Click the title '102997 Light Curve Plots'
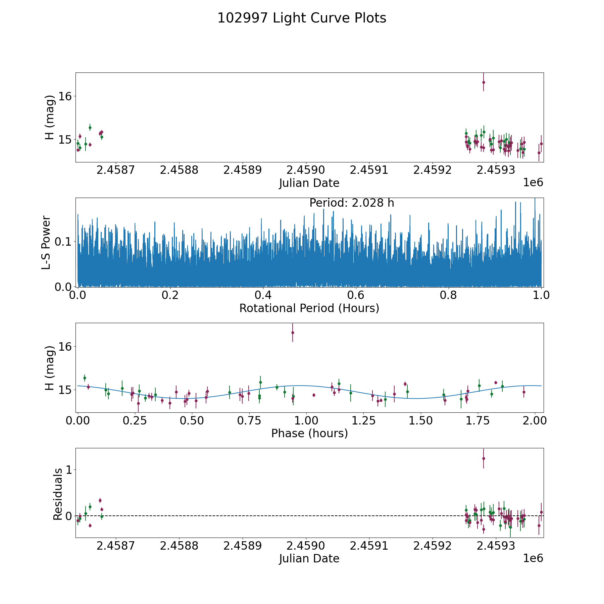click(302, 18)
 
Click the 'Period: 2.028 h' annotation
click(351, 203)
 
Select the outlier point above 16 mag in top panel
click(484, 82)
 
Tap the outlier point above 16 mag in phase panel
click(293, 333)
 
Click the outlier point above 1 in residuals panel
click(484, 458)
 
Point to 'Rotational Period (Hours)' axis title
click(309, 308)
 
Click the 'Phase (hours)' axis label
click(309, 433)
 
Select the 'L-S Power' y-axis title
click(46, 242)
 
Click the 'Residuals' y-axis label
click(58, 494)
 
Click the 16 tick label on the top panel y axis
click(65, 96)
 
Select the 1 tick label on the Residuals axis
click(69, 470)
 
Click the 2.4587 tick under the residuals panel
click(115, 546)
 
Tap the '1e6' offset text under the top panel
click(533, 183)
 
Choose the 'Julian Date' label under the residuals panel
click(309, 559)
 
